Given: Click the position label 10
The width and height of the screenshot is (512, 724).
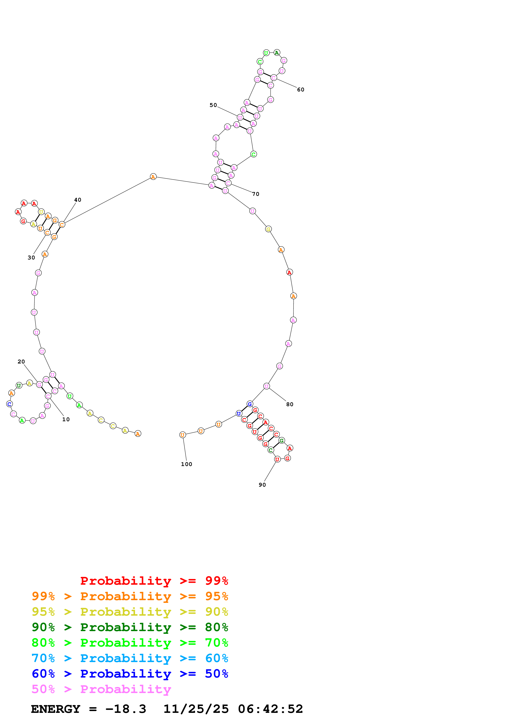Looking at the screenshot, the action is [x=66, y=419].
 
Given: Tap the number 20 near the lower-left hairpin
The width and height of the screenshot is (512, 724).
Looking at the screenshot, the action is [x=21, y=362].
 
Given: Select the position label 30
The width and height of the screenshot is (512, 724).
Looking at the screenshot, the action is [x=31, y=258].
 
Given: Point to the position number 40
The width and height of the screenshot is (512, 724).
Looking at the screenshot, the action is [x=78, y=200].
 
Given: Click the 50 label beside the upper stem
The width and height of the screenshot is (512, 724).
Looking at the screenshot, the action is [x=213, y=105].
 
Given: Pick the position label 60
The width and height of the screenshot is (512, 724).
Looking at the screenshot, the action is [x=301, y=90].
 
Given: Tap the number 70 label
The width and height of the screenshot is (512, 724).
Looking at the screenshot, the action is [x=255, y=194].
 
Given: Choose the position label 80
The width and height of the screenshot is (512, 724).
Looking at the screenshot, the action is [x=290, y=405].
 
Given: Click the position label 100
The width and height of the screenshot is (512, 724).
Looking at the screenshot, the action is [x=187, y=464].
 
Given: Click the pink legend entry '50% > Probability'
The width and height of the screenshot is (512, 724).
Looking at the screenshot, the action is [x=101, y=689].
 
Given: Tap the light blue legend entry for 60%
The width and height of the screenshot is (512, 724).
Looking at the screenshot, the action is [x=130, y=658].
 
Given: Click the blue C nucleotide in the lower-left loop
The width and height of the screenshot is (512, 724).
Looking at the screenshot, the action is [x=10, y=404].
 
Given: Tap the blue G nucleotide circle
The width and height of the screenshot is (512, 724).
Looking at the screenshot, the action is [x=249, y=404].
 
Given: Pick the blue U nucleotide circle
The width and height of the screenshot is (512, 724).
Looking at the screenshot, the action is [x=239, y=413].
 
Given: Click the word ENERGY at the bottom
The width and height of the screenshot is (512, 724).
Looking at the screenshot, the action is [x=56, y=709].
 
